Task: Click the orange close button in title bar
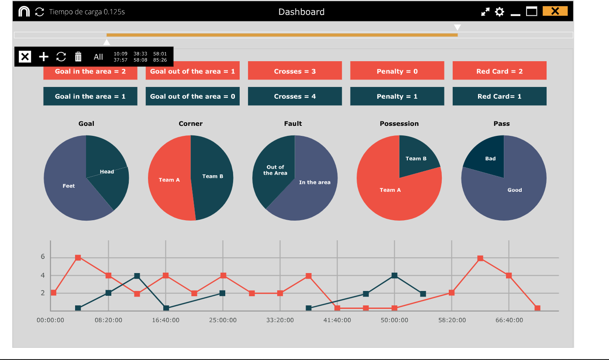pos(555,11)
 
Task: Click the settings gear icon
pos(499,12)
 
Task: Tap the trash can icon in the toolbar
pos(78,56)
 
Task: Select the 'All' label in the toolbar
pos(98,57)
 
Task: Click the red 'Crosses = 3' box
pos(295,71)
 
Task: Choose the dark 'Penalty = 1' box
pos(397,97)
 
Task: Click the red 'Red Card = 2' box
pos(499,71)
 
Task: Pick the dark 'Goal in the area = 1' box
pos(90,97)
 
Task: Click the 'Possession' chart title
pos(399,124)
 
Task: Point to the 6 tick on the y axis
pos(43,257)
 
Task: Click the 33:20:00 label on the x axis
pos(280,320)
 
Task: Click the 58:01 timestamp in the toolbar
pos(160,54)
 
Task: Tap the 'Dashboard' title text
pos(301,12)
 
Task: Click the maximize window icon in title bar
pos(531,11)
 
